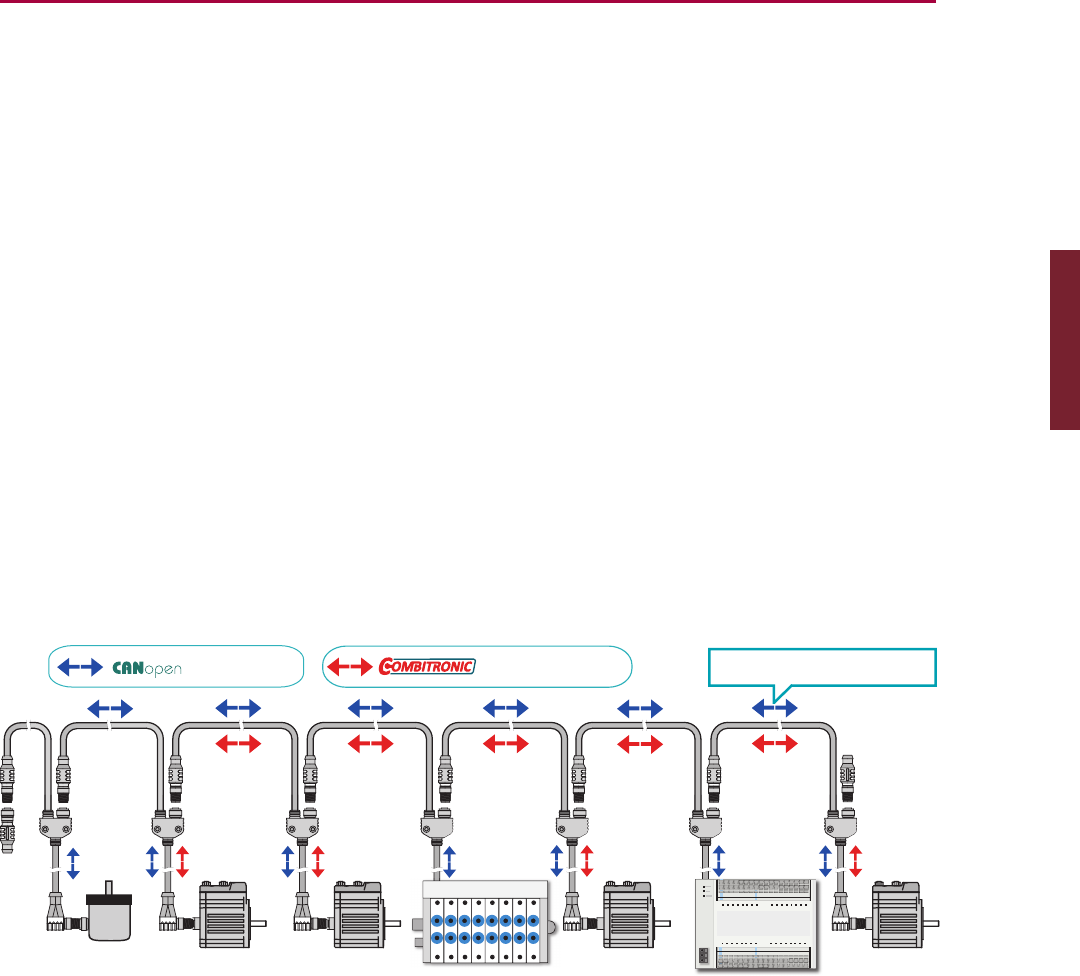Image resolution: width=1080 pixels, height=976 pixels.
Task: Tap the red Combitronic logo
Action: pos(427,666)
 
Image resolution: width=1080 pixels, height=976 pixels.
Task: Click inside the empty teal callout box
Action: pos(822,667)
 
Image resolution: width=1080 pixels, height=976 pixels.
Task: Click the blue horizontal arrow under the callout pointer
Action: pos(775,708)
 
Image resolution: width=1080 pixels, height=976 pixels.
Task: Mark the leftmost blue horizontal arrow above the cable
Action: pos(110,708)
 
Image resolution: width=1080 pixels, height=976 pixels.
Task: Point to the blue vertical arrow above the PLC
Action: pos(717,861)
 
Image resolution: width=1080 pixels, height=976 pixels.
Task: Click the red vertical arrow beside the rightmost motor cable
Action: pos(855,861)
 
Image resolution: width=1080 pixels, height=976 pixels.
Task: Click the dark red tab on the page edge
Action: pos(1064,341)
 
